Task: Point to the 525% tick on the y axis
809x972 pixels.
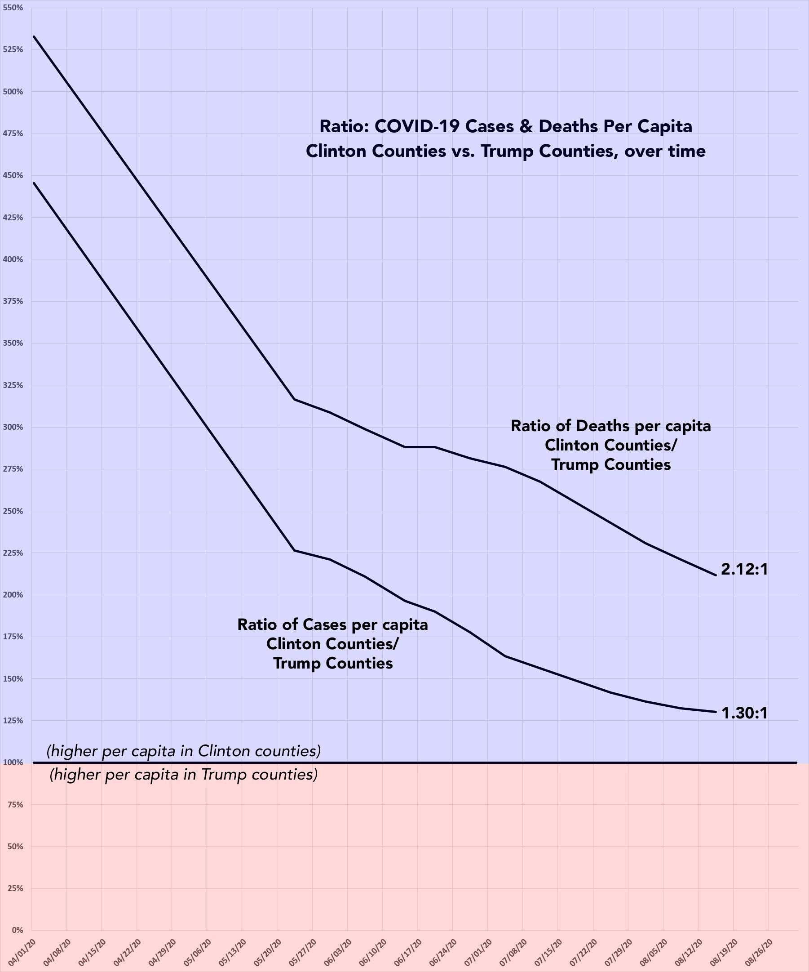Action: click(x=13, y=49)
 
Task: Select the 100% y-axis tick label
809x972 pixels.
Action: click(x=13, y=762)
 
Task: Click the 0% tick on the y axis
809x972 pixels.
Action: click(x=17, y=930)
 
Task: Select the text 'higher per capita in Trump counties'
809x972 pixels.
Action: click(x=184, y=774)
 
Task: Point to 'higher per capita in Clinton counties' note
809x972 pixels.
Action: click(x=184, y=751)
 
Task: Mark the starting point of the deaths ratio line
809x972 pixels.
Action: click(x=34, y=36)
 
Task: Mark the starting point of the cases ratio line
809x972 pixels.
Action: click(x=34, y=183)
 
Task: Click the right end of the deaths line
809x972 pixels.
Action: click(x=716, y=575)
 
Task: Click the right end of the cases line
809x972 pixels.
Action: click(x=716, y=711)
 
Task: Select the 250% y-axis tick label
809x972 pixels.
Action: click(x=13, y=511)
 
